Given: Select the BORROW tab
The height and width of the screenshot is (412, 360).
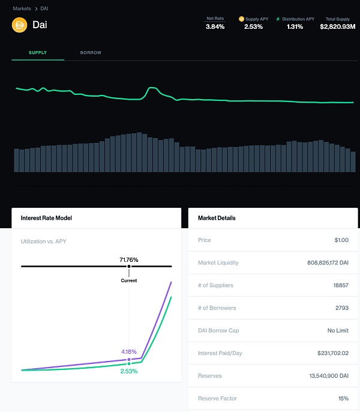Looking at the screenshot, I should tap(91, 53).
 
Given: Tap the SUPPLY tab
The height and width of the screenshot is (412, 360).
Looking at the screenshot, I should tap(38, 53).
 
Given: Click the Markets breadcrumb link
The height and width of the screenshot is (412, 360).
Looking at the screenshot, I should tap(22, 8).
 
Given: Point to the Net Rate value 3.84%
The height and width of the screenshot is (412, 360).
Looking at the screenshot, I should tap(215, 26).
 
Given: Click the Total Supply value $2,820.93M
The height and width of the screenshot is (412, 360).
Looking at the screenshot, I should tap(338, 26).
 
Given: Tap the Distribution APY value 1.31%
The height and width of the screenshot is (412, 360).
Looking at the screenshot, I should tap(295, 26).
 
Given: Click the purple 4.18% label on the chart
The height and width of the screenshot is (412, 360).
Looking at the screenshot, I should tap(129, 351).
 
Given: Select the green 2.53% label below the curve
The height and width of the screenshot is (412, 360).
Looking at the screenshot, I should tap(128, 371).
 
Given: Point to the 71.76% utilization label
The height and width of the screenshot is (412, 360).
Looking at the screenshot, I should tap(128, 260).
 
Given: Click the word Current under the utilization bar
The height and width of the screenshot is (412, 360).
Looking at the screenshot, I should tap(128, 280).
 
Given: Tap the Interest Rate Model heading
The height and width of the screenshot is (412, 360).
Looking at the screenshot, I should tap(46, 218).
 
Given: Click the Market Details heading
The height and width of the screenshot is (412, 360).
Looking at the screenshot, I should tap(217, 218).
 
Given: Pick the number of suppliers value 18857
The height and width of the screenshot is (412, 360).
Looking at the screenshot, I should tap(340, 285).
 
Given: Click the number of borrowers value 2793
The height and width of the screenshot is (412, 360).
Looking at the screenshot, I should tap(341, 308).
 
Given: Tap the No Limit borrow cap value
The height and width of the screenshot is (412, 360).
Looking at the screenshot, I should tap(338, 330).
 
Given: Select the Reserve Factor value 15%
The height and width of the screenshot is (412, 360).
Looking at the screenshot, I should tap(343, 398).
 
